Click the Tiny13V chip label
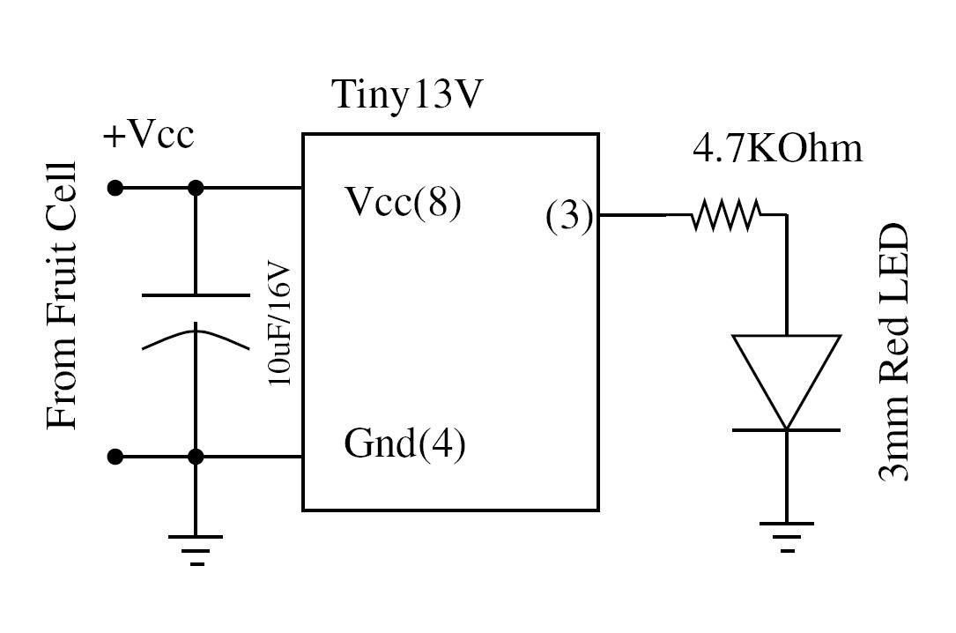pyautogui.click(x=407, y=95)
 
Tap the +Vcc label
pyautogui.click(x=148, y=137)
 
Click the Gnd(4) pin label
pyautogui.click(x=404, y=443)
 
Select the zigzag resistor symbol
pyautogui.click(x=725, y=214)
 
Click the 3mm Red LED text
pyautogui.click(x=893, y=353)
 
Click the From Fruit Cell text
pyautogui.click(x=62, y=295)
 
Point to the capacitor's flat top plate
pyautogui.click(x=196, y=294)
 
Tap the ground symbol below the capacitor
pyautogui.click(x=196, y=547)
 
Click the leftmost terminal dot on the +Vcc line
pyautogui.click(x=115, y=188)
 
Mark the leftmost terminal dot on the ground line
pyautogui.click(x=115, y=457)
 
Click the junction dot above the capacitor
pyautogui.click(x=196, y=188)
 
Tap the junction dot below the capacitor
pyautogui.click(x=196, y=457)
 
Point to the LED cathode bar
pyautogui.click(x=787, y=429)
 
